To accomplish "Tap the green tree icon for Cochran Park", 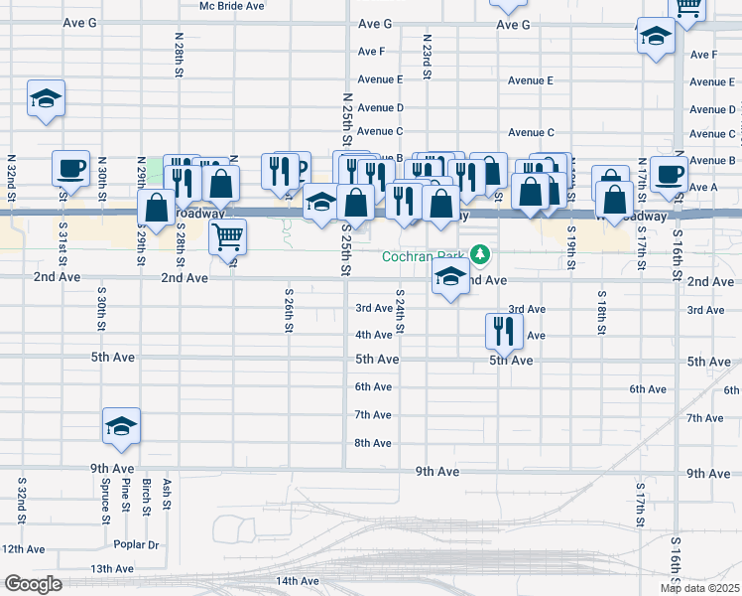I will [481, 255].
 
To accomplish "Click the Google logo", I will [32, 584].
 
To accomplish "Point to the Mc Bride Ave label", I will [231, 6].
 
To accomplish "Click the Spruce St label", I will [104, 502].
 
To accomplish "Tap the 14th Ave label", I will [297, 581].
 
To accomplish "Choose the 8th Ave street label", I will [373, 443].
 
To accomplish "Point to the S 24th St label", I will [401, 312].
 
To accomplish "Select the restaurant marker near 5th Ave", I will [504, 330].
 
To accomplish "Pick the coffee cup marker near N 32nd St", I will [70, 168].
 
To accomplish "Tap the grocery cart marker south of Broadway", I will [228, 236].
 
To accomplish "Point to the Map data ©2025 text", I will [699, 588].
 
